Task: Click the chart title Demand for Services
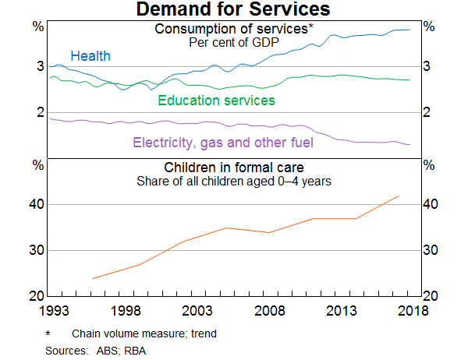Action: [x=233, y=10]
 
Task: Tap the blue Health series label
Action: [x=90, y=56]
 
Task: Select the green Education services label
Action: [x=216, y=101]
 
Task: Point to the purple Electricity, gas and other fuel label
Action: [x=223, y=143]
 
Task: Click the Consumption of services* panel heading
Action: [x=234, y=30]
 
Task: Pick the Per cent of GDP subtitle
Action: [x=234, y=42]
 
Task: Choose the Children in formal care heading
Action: [x=234, y=168]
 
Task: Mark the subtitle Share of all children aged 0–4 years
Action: [x=234, y=181]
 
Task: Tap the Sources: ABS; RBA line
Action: [x=96, y=350]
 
